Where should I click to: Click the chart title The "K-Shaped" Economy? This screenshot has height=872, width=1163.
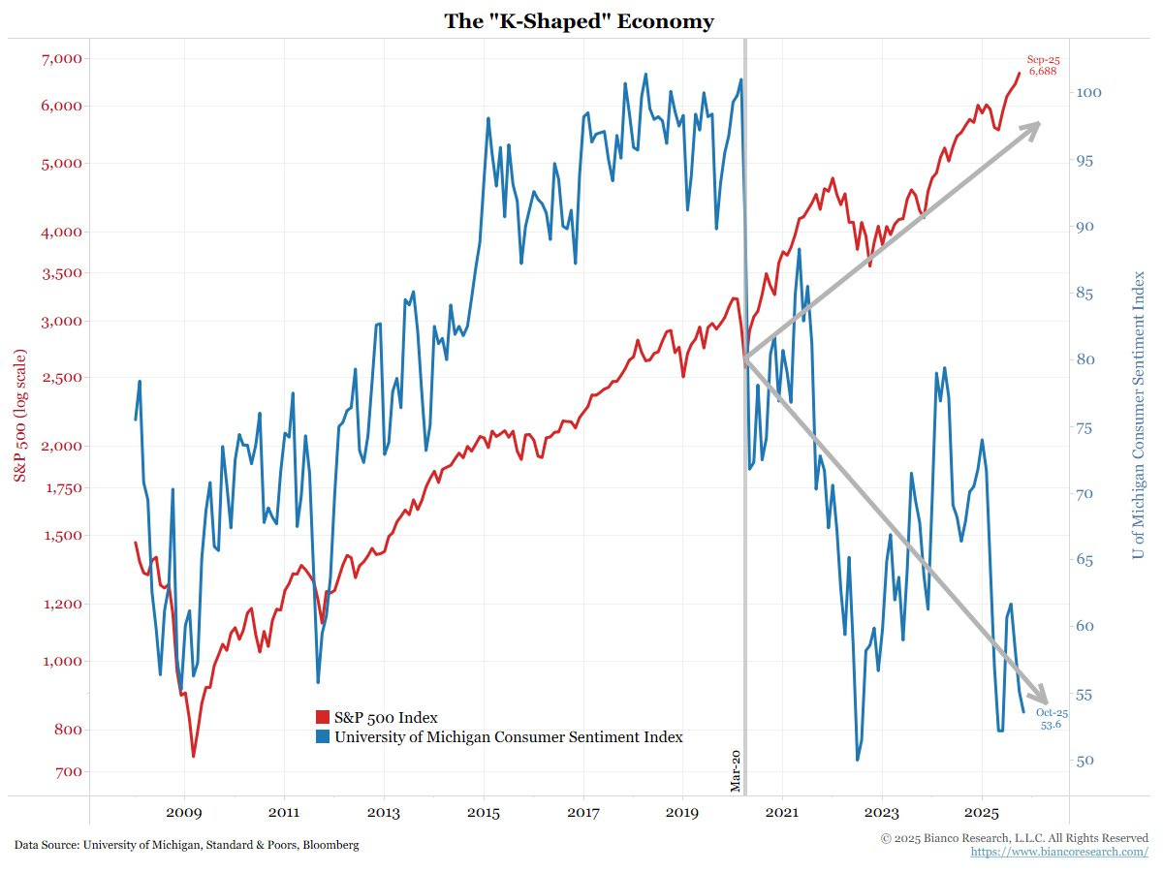pyautogui.click(x=579, y=20)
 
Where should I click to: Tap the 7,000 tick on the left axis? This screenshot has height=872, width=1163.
pyautogui.click(x=58, y=59)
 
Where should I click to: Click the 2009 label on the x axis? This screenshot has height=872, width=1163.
pyautogui.click(x=183, y=812)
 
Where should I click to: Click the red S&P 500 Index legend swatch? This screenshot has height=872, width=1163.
pyautogui.click(x=323, y=718)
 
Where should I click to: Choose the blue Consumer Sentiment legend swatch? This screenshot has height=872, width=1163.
pyautogui.click(x=323, y=737)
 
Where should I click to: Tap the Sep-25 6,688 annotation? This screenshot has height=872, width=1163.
pyautogui.click(x=1043, y=66)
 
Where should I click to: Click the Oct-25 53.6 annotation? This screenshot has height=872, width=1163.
pyautogui.click(x=1052, y=718)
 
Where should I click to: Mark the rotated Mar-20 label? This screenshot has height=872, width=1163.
pyautogui.click(x=736, y=770)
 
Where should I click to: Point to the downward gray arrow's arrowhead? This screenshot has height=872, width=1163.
pyautogui.click(x=1040, y=697)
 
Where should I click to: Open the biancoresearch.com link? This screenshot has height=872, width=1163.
pyautogui.click(x=1059, y=851)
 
